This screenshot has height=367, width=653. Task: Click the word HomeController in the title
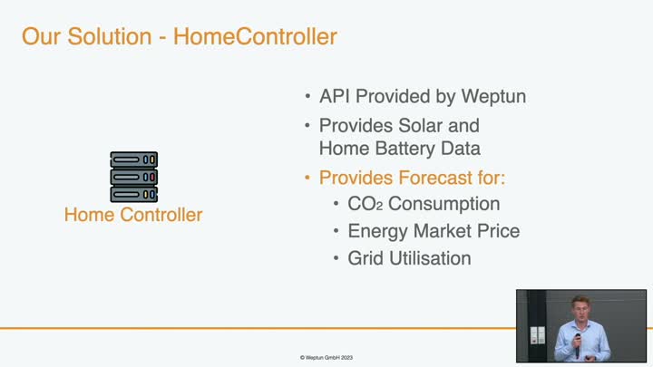255,36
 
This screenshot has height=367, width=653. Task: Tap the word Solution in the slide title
110,36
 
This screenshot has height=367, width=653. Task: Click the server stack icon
133,177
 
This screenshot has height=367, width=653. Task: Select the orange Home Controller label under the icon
133,215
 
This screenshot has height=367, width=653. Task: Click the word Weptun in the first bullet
493,97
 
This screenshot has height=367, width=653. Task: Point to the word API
335,96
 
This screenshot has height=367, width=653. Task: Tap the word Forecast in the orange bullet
435,178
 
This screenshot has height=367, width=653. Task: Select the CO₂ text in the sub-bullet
365,204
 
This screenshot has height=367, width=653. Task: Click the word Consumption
443,204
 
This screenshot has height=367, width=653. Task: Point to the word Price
499,231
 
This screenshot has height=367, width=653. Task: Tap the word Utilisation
430,258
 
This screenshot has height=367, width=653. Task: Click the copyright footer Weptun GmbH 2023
326,357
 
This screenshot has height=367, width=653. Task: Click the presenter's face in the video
580,310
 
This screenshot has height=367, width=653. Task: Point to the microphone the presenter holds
577,344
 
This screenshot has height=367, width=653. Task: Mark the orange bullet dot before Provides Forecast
307,178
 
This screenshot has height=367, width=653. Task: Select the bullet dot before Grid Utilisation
336,258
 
